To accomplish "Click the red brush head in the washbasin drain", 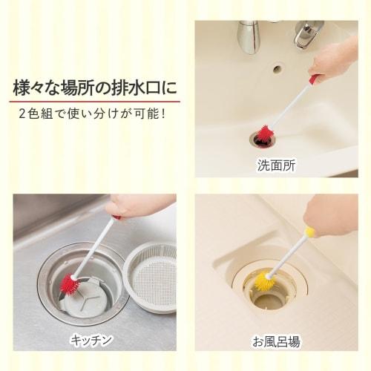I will click(x=263, y=134).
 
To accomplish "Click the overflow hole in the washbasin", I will click(x=277, y=70).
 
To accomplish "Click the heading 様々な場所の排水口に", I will click(x=96, y=88).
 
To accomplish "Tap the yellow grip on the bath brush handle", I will click(x=309, y=232).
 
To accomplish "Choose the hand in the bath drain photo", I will click(x=331, y=216).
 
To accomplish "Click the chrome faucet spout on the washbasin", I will click(x=249, y=37).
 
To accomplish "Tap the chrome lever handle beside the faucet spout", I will click(x=304, y=34).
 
